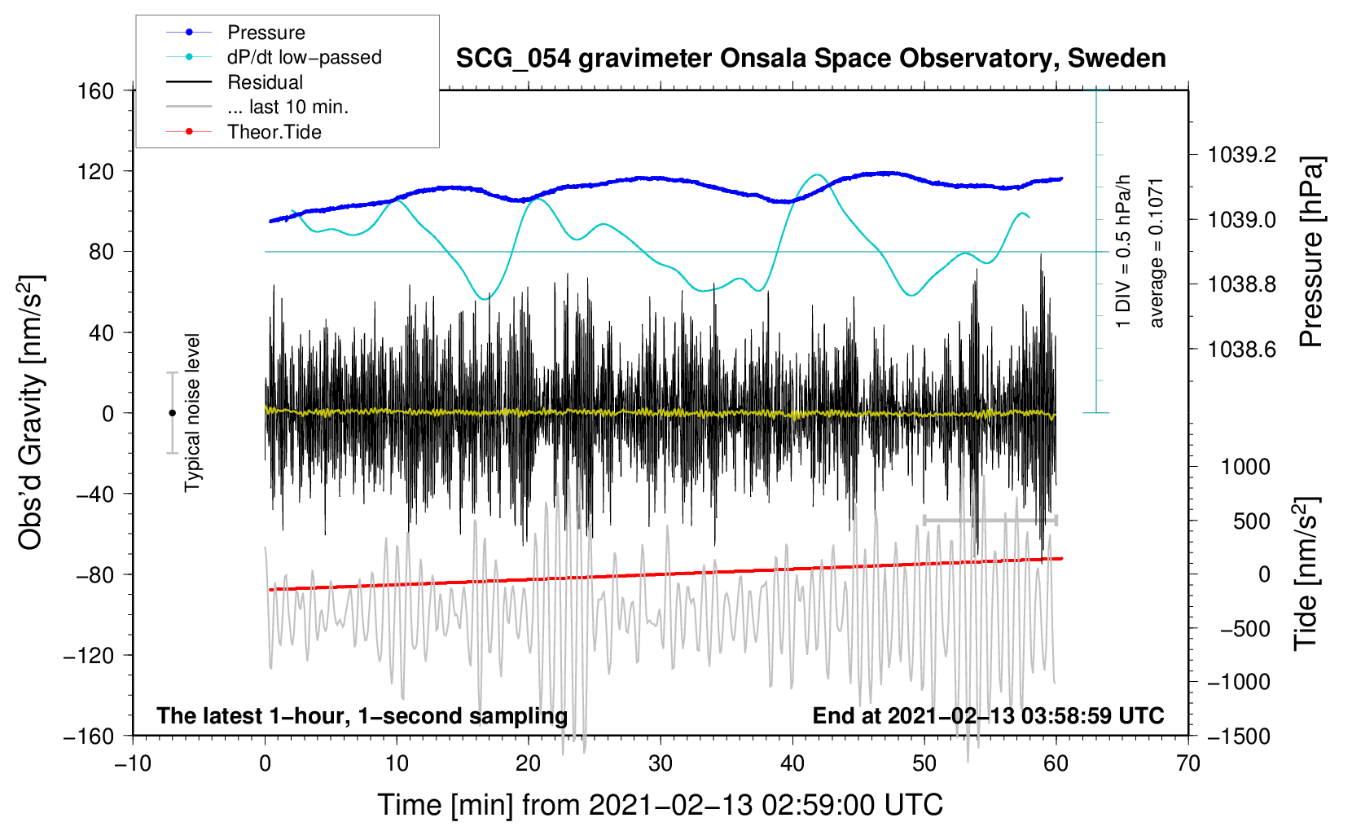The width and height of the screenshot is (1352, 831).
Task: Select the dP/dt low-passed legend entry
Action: point(304,57)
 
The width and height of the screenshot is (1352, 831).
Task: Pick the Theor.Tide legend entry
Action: point(274,132)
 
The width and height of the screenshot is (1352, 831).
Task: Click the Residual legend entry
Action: point(265,82)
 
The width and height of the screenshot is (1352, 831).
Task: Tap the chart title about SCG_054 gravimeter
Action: point(810,59)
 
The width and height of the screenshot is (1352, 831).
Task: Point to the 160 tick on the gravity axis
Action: point(96,90)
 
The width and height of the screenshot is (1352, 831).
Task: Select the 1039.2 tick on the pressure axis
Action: point(1241,155)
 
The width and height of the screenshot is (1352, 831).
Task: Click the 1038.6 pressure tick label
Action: point(1241,350)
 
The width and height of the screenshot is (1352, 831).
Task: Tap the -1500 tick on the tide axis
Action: point(1238,736)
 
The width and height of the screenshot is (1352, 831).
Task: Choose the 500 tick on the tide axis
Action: point(1251,521)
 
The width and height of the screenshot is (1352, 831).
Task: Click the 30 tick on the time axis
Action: point(661,763)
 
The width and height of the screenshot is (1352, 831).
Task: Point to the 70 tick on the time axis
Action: point(1188,763)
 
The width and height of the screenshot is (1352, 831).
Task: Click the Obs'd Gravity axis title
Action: point(31,412)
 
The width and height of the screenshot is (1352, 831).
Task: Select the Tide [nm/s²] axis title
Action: point(1306,574)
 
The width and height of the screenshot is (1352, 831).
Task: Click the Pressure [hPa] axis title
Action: point(1310,252)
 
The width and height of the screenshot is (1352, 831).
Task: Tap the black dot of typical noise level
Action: point(172,413)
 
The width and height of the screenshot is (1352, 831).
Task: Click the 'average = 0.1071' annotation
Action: point(1157,253)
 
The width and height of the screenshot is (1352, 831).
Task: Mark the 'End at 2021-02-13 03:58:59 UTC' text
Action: point(988,716)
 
